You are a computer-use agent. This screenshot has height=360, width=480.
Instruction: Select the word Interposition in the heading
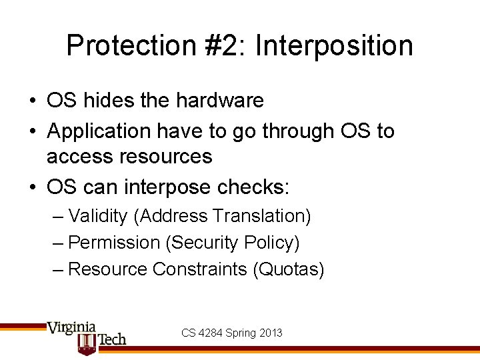coord(334,46)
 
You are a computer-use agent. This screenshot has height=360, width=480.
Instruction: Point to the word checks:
coord(257,187)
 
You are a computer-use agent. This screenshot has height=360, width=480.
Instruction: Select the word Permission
coord(114,243)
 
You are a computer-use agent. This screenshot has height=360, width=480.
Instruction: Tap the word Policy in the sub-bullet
coord(275,243)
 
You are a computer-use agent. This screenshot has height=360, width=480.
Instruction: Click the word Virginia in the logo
coord(71,328)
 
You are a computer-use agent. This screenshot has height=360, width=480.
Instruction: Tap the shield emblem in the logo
coord(86,344)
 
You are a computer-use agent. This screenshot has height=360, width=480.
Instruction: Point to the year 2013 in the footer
coord(271,333)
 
